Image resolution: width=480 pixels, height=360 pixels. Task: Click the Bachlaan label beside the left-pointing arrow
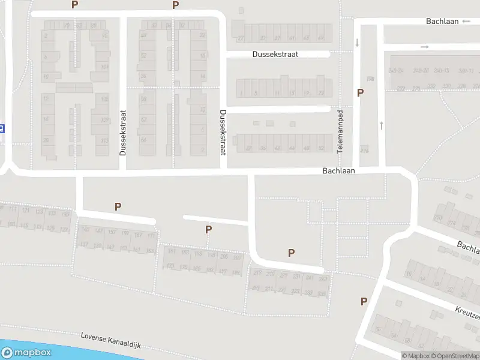click(x=442, y=22)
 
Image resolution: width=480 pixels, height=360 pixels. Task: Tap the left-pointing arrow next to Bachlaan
click(x=467, y=22)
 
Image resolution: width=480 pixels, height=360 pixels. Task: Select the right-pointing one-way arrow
click(x=425, y=47)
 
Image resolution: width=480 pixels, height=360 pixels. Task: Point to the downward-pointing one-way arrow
click(x=358, y=43)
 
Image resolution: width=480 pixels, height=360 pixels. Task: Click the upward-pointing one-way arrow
click(x=381, y=125)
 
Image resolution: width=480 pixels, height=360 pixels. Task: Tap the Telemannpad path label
click(x=340, y=131)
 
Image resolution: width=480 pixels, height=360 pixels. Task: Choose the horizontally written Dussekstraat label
click(x=275, y=54)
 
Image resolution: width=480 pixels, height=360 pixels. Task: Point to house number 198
click(x=370, y=79)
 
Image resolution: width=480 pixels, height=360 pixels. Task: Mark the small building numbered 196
click(x=364, y=150)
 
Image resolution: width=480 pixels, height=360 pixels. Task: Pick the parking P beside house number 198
click(x=360, y=92)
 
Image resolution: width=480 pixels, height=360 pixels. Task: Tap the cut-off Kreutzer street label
click(x=468, y=314)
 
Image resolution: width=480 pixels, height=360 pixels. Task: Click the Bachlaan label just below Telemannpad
click(x=338, y=170)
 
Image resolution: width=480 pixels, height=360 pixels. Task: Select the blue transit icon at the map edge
click(x=2, y=128)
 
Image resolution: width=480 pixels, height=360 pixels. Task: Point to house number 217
click(x=257, y=274)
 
